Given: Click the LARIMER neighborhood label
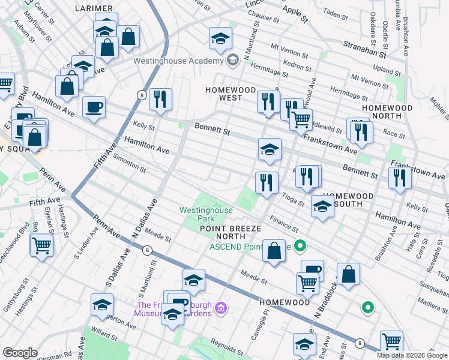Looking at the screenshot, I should [x=94, y=8].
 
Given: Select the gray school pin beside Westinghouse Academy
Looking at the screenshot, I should [x=232, y=60].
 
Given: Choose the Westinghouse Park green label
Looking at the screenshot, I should [x=206, y=214].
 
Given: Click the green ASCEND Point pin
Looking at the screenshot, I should [x=301, y=245].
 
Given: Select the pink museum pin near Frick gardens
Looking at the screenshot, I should [x=221, y=308].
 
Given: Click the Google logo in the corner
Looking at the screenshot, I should [x=20, y=353].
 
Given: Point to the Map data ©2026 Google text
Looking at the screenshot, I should [x=412, y=355].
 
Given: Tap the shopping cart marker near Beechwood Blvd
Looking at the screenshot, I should [x=41, y=244].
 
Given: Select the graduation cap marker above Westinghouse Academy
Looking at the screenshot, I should [x=220, y=39].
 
